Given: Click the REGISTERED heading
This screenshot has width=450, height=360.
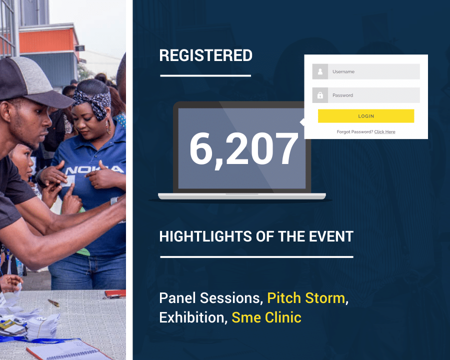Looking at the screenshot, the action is tap(206, 55).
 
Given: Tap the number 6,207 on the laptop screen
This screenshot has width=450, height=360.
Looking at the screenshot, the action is tap(243, 149).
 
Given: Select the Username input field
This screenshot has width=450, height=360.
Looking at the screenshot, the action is tap(373, 71).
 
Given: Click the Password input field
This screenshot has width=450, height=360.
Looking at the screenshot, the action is tap(373, 95).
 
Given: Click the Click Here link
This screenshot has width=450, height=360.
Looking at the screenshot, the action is tap(384, 132).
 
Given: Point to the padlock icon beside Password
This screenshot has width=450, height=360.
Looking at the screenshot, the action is tap(320, 95).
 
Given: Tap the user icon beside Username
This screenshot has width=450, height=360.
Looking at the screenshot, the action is tap(320, 71).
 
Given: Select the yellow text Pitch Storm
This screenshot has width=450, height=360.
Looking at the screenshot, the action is tap(306, 298).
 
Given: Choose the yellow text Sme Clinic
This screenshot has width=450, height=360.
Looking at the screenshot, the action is tap(266, 317).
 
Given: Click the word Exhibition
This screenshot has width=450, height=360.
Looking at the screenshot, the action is tap(191, 317).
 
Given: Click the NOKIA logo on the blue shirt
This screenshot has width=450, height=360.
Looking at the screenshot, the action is tap(94, 169).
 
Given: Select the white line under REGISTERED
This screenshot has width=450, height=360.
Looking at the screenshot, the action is tap(205, 76).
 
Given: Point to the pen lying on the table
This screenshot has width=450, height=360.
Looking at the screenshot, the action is tap(53, 302).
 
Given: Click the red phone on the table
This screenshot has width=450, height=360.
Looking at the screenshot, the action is tap(115, 293).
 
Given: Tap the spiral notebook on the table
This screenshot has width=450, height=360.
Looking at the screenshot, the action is tap(69, 350).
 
